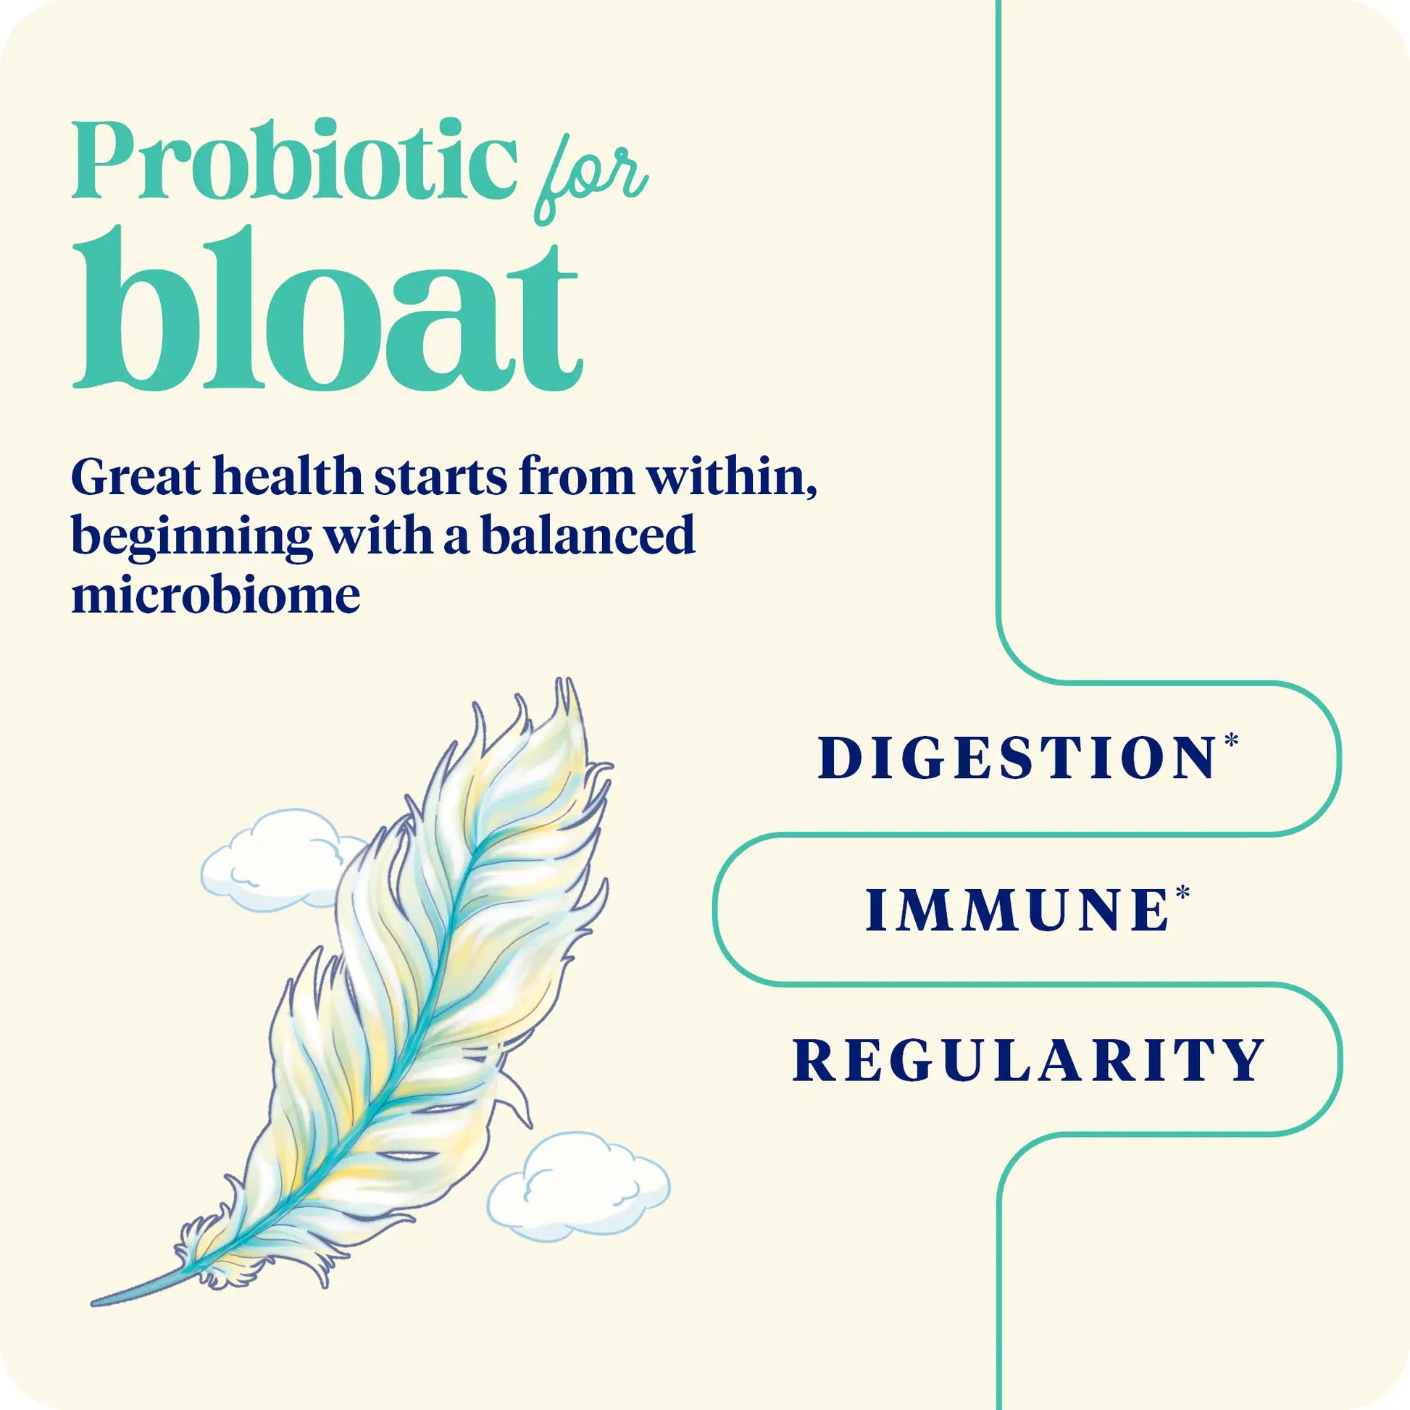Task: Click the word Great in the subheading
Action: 135,478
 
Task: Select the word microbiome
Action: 215,595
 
